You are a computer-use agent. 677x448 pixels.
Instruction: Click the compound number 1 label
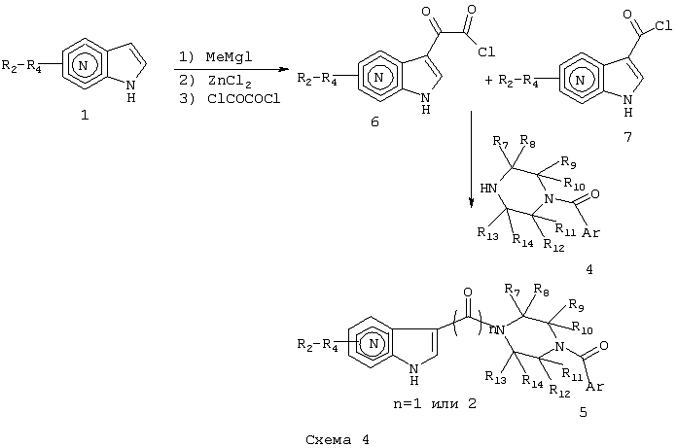[x=85, y=115]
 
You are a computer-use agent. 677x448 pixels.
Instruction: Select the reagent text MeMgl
[x=229, y=57]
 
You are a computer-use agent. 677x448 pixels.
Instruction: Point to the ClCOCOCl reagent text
[x=244, y=99]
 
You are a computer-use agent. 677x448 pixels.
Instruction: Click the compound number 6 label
[x=374, y=122]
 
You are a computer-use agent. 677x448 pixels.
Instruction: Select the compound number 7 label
[x=627, y=137]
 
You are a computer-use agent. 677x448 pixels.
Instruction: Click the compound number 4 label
[x=588, y=269]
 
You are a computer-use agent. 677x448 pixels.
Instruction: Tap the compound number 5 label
[x=583, y=413]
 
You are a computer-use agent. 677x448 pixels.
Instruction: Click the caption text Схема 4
[x=338, y=440]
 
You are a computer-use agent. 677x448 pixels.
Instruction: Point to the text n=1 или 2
[x=435, y=403]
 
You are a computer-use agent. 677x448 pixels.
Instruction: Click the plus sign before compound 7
[x=488, y=81]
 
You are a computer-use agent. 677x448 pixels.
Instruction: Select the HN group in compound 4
[x=488, y=189]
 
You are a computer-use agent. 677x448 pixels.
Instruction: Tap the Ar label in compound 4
[x=590, y=232]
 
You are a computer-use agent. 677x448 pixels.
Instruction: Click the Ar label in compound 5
[x=595, y=387]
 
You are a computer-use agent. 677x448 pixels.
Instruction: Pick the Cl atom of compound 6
[x=486, y=52]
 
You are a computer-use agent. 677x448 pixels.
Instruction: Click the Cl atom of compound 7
[x=663, y=26]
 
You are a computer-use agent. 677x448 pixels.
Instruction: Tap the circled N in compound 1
[x=84, y=65]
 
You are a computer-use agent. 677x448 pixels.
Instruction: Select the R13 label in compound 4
[x=488, y=233]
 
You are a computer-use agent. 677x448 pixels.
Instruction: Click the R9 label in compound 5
[x=577, y=305]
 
